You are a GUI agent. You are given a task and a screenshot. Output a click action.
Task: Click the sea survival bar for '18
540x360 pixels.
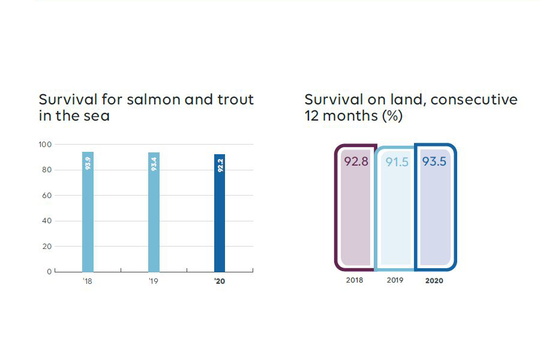(x=88, y=212)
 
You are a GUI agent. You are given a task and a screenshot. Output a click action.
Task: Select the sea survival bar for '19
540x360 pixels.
(x=154, y=212)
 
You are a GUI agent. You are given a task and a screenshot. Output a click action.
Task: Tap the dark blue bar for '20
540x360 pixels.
(x=220, y=213)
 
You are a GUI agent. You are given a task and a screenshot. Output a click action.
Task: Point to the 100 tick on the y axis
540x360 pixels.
(x=46, y=145)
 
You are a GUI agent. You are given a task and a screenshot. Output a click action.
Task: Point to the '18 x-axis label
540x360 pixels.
(x=87, y=281)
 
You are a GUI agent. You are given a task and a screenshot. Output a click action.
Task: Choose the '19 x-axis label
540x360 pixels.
(x=153, y=281)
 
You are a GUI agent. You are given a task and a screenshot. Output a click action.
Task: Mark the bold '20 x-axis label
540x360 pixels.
(x=219, y=281)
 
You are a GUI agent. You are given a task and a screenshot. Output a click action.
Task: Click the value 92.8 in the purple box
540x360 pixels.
(x=356, y=161)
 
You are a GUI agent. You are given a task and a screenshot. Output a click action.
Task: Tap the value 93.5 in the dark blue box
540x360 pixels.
(x=434, y=162)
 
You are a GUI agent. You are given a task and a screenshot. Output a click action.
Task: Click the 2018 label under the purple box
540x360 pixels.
(x=355, y=280)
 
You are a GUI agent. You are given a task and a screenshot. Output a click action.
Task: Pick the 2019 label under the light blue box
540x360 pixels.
(x=395, y=280)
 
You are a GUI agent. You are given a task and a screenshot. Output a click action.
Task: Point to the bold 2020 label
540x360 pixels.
(x=434, y=281)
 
